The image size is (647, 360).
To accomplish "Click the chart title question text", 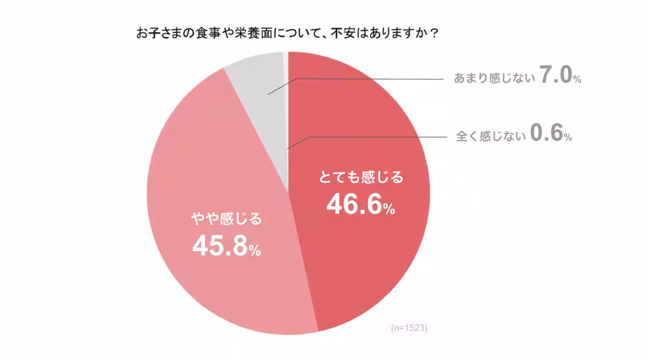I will (286, 34).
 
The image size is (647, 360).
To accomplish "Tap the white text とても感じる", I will (361, 177).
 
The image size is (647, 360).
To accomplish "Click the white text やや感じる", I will (226, 219).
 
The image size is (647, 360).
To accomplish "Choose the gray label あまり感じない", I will (494, 79).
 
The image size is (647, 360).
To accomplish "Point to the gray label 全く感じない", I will (491, 136).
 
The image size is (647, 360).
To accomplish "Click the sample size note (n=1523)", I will (409, 328).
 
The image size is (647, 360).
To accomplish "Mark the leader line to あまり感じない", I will (377, 80).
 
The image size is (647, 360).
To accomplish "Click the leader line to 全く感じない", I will (377, 137).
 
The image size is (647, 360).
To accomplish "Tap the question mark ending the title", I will (434, 34).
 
